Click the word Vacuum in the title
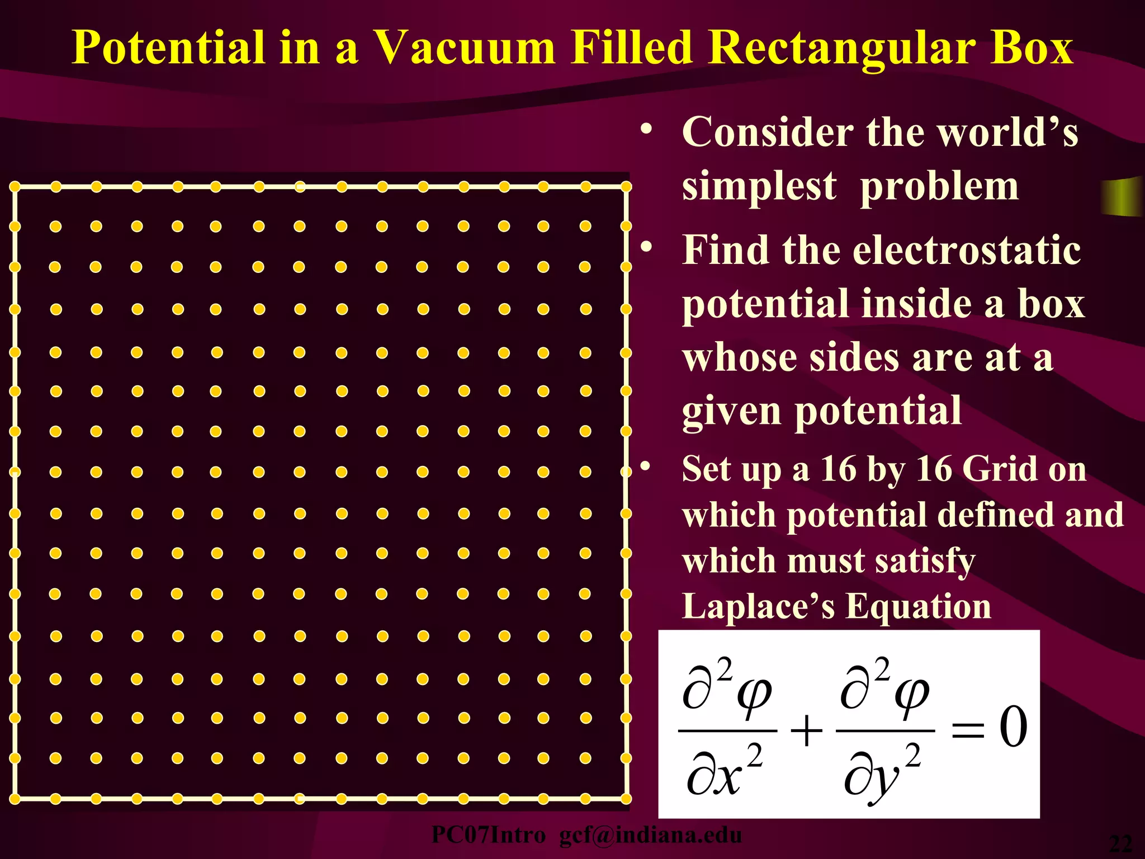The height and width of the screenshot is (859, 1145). pos(464,48)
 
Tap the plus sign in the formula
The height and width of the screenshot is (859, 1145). pos(806,730)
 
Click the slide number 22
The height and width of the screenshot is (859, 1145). pos(1120,843)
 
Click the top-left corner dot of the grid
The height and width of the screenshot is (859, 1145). pos(15,187)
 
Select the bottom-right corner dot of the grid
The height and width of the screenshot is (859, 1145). pos(626,799)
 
